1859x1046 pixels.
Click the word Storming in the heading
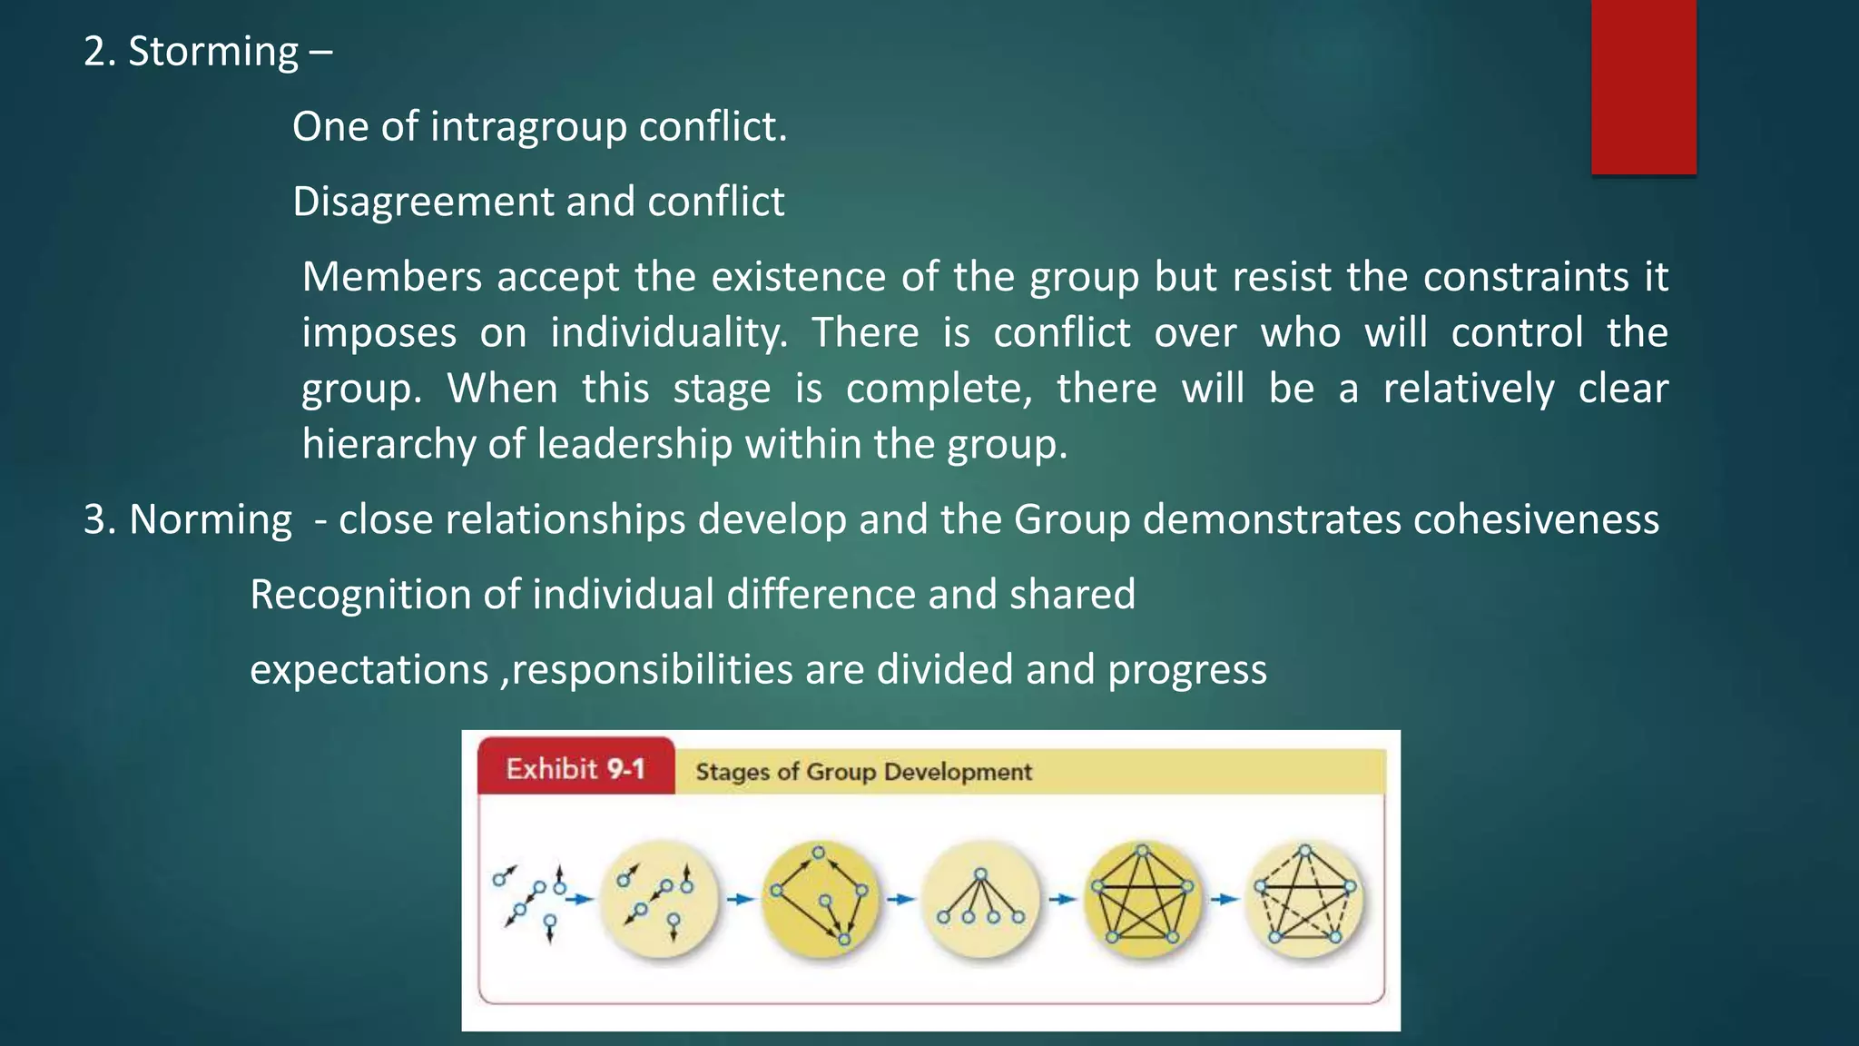tap(213, 52)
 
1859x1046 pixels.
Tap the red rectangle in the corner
tap(1643, 86)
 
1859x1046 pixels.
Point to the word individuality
tap(669, 333)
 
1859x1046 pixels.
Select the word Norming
tap(211, 520)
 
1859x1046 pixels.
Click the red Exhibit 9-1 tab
tap(575, 768)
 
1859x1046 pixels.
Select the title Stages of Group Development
tap(863, 772)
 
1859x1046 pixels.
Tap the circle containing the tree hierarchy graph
tap(980, 899)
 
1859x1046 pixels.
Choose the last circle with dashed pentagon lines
tap(1304, 899)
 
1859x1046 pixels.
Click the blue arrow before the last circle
tap(1224, 899)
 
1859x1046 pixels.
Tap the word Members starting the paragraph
tap(391, 277)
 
